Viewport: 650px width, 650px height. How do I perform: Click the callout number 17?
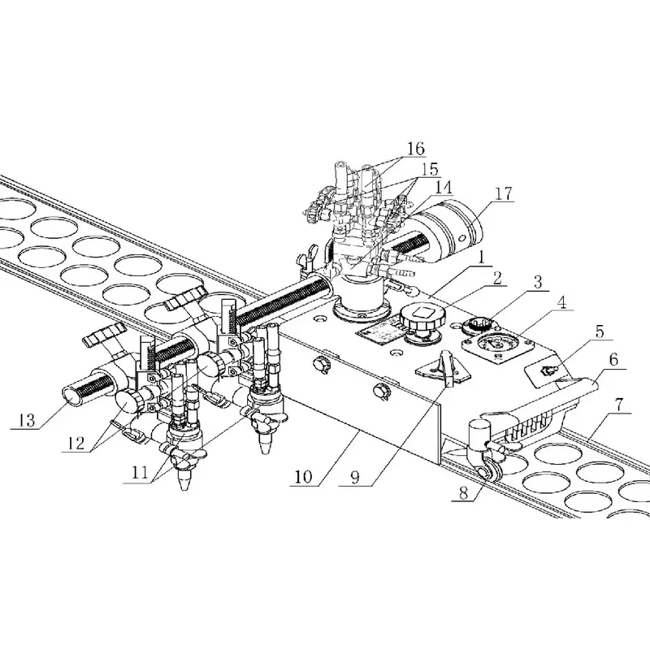(504, 194)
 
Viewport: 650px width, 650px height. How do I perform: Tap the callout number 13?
(27, 420)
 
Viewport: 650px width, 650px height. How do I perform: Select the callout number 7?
(619, 405)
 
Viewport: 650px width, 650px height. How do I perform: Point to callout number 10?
(303, 477)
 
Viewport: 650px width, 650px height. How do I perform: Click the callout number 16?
(415, 149)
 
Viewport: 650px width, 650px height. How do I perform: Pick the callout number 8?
(463, 493)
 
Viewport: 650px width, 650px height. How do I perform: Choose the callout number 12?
(75, 444)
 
